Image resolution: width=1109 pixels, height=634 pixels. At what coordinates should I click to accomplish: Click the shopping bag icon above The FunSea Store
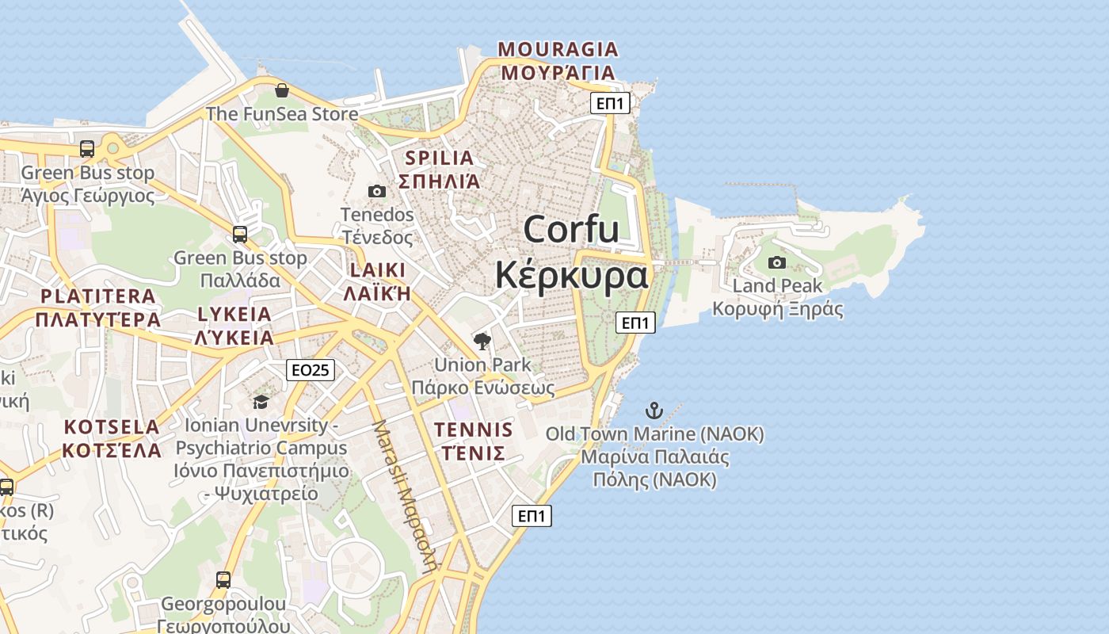point(281,90)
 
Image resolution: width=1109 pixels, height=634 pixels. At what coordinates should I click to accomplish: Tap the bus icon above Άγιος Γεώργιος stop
point(87,149)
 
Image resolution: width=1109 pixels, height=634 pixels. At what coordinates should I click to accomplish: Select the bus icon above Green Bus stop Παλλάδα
point(239,235)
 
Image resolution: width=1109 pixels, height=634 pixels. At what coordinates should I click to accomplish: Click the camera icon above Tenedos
point(377,191)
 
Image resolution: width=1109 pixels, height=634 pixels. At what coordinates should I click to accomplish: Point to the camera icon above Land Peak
point(777,262)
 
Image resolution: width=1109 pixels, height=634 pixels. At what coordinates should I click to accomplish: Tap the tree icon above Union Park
point(482,342)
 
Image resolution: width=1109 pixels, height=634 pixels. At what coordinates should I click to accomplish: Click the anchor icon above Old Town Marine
point(654,411)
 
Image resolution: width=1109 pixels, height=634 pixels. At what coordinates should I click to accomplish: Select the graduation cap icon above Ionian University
point(261,403)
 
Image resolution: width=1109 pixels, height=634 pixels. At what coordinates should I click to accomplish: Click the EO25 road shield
point(311,369)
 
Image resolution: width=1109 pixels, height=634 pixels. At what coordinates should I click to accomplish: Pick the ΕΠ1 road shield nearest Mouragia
point(610,103)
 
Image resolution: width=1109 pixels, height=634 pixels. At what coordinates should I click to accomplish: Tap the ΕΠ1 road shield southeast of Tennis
point(532,516)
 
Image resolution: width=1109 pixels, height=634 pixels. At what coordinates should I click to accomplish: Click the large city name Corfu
point(571,230)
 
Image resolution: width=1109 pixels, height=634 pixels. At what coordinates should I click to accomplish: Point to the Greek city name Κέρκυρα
point(571,275)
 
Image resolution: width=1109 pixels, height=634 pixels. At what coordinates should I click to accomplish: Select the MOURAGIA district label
point(558,50)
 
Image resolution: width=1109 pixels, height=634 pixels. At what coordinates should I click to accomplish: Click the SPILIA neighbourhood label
point(440,158)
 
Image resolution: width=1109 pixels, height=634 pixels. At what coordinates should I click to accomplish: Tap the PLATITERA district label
point(98,296)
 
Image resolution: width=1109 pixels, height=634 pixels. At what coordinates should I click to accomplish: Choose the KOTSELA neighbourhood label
point(112,427)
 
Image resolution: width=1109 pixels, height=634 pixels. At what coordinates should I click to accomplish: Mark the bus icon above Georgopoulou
point(223,580)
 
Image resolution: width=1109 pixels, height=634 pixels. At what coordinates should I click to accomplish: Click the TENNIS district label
point(474,430)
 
